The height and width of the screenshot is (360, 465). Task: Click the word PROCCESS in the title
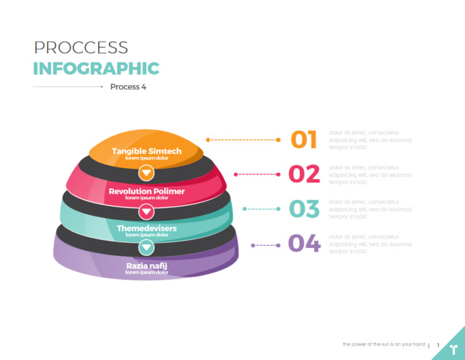click(81, 48)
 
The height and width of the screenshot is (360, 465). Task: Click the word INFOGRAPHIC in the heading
click(96, 68)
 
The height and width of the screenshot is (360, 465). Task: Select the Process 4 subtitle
click(129, 87)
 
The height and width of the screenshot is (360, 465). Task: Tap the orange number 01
click(304, 139)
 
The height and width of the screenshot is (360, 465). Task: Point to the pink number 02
click(304, 174)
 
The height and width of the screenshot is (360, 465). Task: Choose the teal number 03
click(304, 209)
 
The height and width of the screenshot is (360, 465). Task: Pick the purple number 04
click(304, 243)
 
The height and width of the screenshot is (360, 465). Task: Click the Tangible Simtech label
click(147, 151)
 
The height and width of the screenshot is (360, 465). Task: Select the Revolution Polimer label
click(147, 191)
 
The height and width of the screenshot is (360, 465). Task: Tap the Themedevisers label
click(147, 228)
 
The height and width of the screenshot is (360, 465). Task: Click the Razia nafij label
click(147, 266)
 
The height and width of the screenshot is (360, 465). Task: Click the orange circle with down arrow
click(147, 173)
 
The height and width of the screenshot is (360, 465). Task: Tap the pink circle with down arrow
click(147, 211)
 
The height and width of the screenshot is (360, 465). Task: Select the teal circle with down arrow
click(147, 247)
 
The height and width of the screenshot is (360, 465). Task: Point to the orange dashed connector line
click(243, 139)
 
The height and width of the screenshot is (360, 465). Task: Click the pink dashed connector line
click(257, 174)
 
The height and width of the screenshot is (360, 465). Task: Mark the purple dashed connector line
click(266, 245)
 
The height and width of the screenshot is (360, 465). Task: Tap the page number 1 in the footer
click(438, 345)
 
